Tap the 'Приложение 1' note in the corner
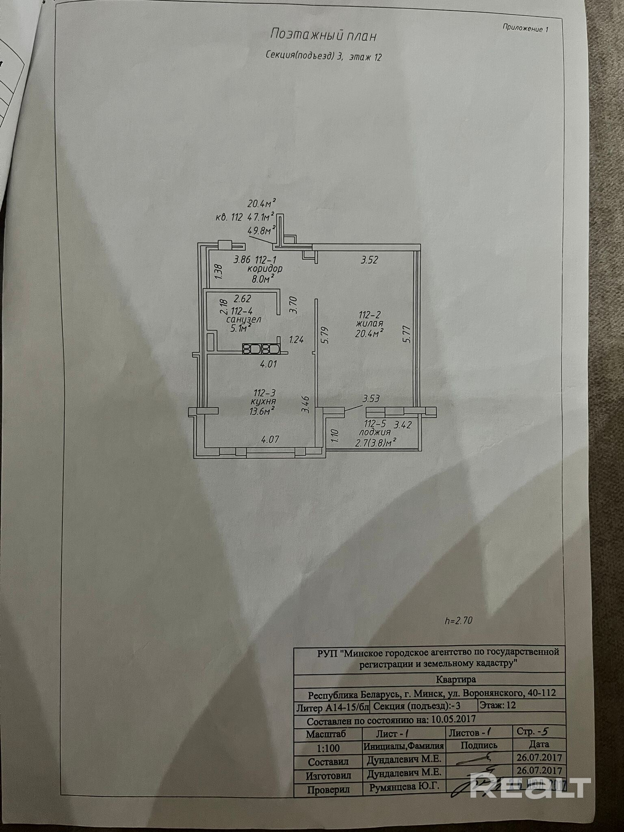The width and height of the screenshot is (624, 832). [525, 28]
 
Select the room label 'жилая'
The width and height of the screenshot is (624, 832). [369, 324]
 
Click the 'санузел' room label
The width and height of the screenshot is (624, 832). [244, 319]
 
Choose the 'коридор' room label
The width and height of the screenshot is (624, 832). [265, 269]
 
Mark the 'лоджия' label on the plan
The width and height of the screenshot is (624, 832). [373, 433]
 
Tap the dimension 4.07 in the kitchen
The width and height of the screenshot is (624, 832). [270, 439]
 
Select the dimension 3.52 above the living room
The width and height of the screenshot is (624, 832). [369, 260]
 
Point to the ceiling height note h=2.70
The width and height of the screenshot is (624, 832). [459, 621]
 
